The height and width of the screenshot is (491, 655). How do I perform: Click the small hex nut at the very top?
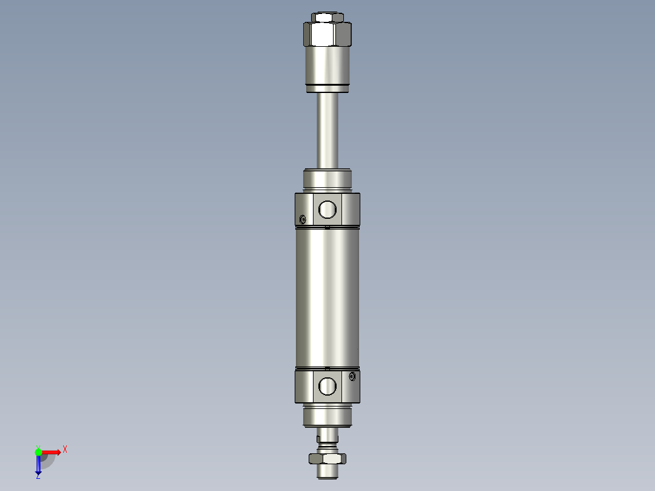pyautogui.click(x=327, y=17)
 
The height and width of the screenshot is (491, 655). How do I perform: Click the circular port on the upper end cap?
pyautogui.click(x=327, y=210)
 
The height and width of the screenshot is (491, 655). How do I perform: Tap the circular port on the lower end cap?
pyautogui.click(x=327, y=386)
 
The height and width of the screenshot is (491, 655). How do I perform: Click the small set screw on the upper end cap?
pyautogui.click(x=303, y=219)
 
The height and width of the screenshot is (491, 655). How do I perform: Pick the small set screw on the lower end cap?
pyautogui.click(x=353, y=377)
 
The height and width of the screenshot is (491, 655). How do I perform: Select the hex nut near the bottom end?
pyautogui.click(x=327, y=458)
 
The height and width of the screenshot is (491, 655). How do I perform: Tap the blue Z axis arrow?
pyautogui.click(x=38, y=464)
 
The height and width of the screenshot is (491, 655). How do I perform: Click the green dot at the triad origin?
pyautogui.click(x=38, y=452)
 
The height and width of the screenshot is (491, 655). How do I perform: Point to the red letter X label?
pyautogui.click(x=65, y=450)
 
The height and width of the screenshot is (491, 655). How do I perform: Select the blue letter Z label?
pyautogui.click(x=38, y=476)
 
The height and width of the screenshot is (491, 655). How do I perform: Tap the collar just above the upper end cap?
pyautogui.click(x=327, y=179)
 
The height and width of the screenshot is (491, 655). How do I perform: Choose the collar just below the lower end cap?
pyautogui.click(x=327, y=416)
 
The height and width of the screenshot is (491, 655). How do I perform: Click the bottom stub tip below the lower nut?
pyautogui.click(x=327, y=471)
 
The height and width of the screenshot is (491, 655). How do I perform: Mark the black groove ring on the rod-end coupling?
pyautogui.click(x=327, y=84)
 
